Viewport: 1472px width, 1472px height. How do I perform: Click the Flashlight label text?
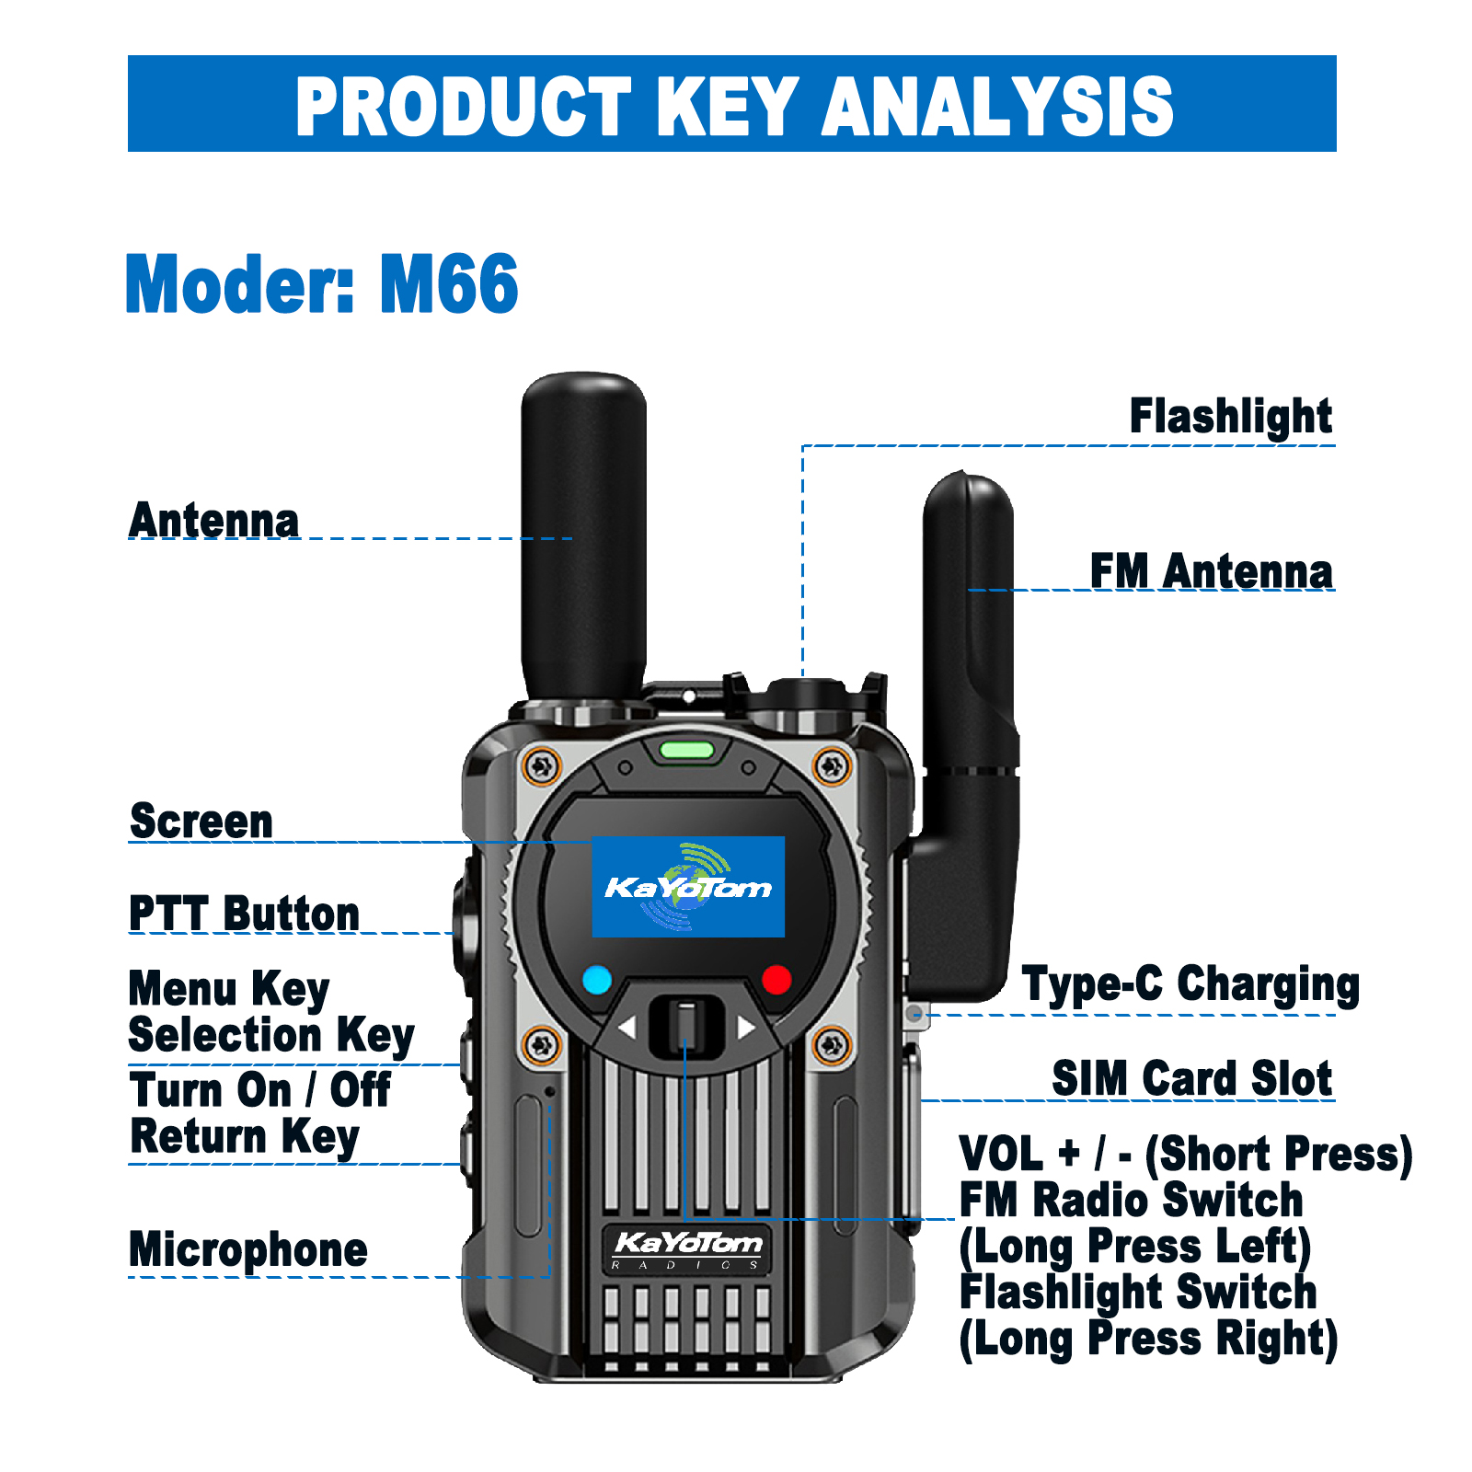click(1230, 417)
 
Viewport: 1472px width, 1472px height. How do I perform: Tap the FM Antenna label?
click(1211, 571)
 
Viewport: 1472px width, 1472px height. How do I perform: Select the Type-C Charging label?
click(1190, 984)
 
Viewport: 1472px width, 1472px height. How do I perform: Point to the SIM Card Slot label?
click(1191, 1078)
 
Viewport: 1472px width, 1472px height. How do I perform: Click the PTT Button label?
click(244, 914)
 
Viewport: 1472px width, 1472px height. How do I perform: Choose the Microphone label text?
click(248, 1250)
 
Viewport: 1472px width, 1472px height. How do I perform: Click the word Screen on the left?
click(201, 822)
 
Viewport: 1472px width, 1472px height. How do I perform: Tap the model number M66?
click(449, 284)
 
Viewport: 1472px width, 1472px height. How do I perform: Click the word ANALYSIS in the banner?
click(997, 107)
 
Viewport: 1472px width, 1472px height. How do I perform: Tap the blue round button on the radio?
click(597, 980)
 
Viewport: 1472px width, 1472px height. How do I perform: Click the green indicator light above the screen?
click(686, 750)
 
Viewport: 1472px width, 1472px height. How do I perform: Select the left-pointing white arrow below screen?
click(627, 1027)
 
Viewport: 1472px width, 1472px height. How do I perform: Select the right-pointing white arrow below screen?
click(746, 1027)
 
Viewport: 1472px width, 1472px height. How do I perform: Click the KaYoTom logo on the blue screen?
click(688, 887)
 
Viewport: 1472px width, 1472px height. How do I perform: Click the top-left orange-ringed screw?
click(541, 765)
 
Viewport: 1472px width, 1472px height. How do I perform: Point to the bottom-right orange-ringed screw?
click(832, 1045)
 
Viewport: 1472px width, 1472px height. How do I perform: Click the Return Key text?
click(244, 1137)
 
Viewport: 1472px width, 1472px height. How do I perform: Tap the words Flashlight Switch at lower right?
click(1138, 1292)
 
